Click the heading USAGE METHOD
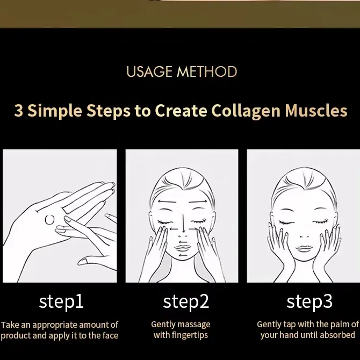pos(182,71)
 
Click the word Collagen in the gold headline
pos(246,111)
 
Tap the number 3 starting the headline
pos(18,111)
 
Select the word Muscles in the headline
pos(316,111)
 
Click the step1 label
pos(61,302)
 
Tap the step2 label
pos(186,302)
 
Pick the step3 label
pos(309,302)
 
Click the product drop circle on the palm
pos(49,220)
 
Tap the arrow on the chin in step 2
pos(183,255)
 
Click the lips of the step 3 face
pos(304,248)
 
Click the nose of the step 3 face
pos(305,236)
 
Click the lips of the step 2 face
pos(182,248)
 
